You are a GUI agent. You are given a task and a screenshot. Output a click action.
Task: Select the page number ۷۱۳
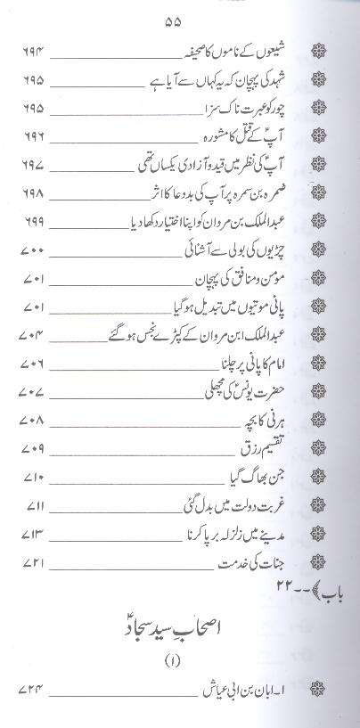tap(32, 536)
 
